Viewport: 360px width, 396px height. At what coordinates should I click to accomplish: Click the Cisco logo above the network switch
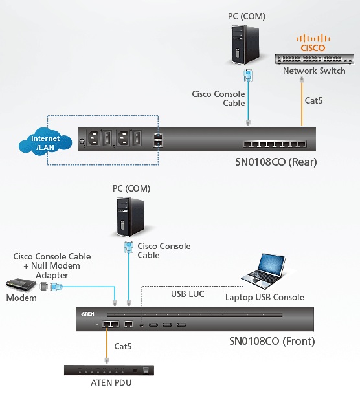(x=313, y=43)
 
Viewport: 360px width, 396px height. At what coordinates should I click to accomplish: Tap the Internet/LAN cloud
(x=45, y=142)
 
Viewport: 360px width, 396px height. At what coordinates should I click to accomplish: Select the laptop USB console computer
(x=263, y=271)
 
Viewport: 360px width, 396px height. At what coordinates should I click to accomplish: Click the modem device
(x=21, y=285)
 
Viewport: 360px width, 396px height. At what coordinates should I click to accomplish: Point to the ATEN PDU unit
(x=109, y=370)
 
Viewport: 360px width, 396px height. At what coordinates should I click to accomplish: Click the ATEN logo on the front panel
(x=87, y=314)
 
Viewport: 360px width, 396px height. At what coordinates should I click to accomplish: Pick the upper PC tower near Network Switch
(x=245, y=45)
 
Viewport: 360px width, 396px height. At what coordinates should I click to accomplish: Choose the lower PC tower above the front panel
(x=130, y=217)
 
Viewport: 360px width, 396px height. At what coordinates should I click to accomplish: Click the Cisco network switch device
(x=314, y=60)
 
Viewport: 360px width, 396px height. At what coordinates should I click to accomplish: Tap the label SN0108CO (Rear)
(x=276, y=162)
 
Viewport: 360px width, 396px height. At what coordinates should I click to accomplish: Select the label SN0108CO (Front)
(x=272, y=341)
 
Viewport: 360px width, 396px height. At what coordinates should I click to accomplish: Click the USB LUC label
(x=188, y=294)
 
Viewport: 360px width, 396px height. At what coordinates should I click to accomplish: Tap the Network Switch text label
(x=314, y=71)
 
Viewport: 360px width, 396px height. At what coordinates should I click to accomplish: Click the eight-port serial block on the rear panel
(x=275, y=144)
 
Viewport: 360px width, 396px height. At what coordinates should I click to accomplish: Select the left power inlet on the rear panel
(x=94, y=138)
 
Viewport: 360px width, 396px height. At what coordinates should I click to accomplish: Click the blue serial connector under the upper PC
(x=248, y=75)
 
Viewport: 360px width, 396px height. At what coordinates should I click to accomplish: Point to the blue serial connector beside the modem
(x=56, y=287)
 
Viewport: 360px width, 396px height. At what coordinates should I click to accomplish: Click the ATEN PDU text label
(x=111, y=383)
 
